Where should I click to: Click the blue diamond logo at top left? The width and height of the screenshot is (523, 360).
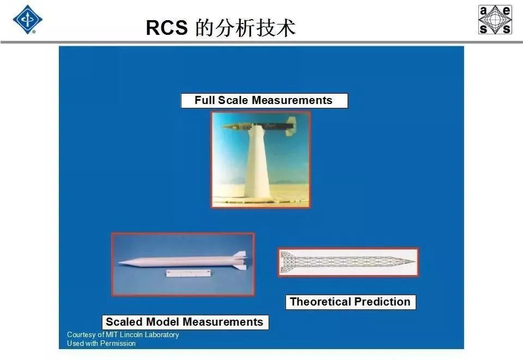pos(28,19)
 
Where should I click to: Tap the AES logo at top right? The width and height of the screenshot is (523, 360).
pos(495,20)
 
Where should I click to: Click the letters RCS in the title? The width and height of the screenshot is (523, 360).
pos(167,27)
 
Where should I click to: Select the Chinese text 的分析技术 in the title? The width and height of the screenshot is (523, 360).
pos(246,27)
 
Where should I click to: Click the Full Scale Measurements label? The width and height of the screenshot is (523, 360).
pos(264,100)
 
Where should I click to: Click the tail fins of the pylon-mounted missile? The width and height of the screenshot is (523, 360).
pos(290,126)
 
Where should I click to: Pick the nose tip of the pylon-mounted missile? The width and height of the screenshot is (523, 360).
pos(222,126)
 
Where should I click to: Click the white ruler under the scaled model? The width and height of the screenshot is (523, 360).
pos(188,273)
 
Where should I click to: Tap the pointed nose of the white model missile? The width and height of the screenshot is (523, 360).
pos(120,263)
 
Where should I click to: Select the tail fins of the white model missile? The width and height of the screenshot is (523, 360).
pos(240,260)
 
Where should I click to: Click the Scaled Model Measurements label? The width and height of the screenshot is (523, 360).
pos(185,322)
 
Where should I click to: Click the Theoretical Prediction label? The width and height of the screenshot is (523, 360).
pos(350,302)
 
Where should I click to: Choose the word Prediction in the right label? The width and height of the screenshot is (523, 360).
pos(382,302)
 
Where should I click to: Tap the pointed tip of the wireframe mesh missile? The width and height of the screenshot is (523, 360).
pos(415,261)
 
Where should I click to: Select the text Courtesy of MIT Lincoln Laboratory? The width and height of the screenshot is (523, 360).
pos(123,334)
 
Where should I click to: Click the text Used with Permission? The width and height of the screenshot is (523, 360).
pos(101,343)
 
